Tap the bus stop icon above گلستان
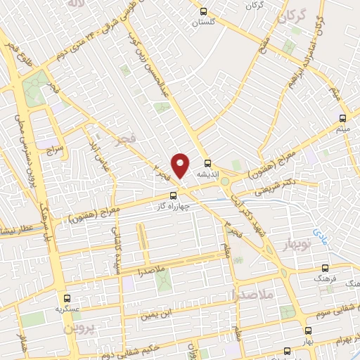[204, 11]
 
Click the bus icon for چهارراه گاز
[174, 196]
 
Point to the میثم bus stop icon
[342, 117]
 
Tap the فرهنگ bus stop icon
[324, 268]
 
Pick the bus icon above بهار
[308, 330]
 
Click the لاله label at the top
[75, 5]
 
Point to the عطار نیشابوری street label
[15, 229]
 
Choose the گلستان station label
[204, 22]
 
